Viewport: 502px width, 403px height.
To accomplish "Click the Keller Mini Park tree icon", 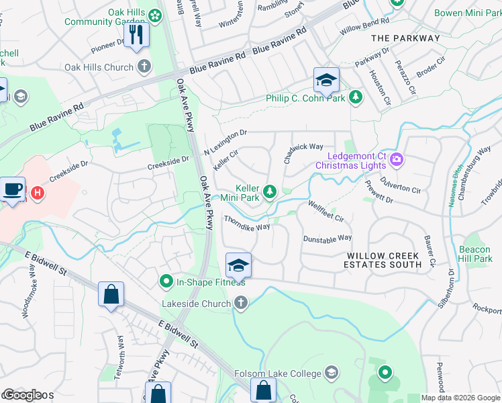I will (269, 193).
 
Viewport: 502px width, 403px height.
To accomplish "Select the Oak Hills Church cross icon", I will (143, 67).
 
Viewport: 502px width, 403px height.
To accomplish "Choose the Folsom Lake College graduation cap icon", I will (330, 373).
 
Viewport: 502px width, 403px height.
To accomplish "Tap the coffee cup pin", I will (12, 189).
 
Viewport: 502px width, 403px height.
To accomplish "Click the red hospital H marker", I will (38, 193).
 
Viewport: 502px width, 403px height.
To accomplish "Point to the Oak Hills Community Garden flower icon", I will (155, 14).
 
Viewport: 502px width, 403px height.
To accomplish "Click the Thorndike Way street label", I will (246, 222).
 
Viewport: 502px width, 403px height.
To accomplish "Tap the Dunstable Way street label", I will (327, 238).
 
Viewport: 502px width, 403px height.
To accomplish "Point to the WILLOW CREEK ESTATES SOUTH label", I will (384, 260).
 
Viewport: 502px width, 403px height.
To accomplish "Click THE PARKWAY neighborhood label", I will (405, 38).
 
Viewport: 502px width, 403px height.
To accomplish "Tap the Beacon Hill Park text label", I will (475, 254).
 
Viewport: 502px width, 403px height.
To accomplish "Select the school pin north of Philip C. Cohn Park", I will (325, 81).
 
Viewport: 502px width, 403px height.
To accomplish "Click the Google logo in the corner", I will (21, 395).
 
